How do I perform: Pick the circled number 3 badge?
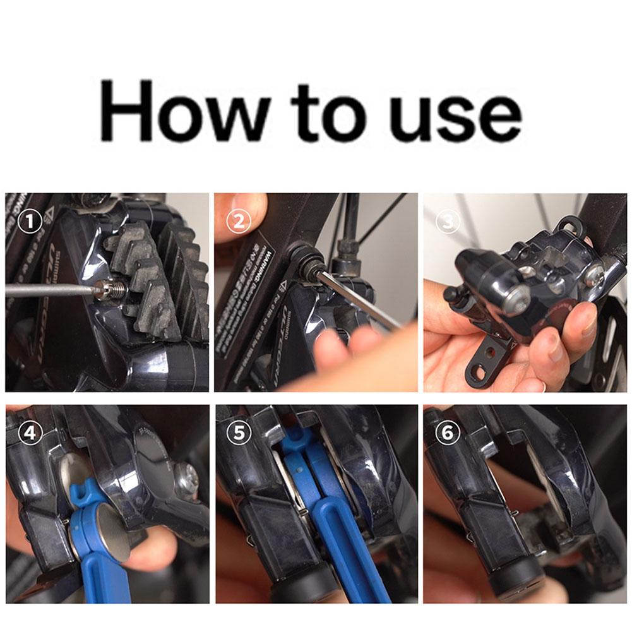[x=448, y=222]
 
